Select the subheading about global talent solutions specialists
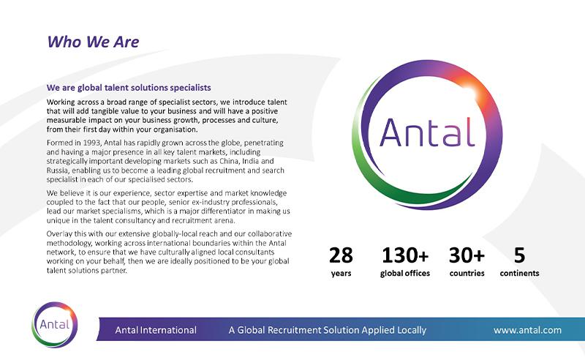[x=129, y=88]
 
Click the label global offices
[x=404, y=274]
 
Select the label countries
[x=467, y=274]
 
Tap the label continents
[x=519, y=274]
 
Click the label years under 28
[x=341, y=274]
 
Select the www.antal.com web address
[x=527, y=330]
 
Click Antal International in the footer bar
[x=156, y=330]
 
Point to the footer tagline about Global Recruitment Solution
[x=327, y=330]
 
